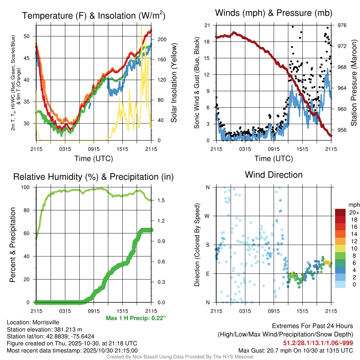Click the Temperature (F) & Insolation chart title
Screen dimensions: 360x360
click(94, 16)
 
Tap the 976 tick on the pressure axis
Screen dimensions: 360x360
click(342, 25)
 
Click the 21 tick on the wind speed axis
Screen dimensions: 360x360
click(207, 25)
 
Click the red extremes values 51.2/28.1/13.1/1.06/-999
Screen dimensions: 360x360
click(318, 343)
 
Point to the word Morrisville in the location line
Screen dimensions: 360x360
click(46, 322)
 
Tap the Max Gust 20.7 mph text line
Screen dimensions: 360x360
click(296, 350)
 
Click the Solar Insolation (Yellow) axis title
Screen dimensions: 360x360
click(174, 83)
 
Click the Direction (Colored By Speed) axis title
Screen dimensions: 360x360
click(197, 245)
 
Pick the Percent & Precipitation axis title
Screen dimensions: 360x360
click(13, 245)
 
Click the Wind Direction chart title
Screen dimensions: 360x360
click(274, 175)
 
